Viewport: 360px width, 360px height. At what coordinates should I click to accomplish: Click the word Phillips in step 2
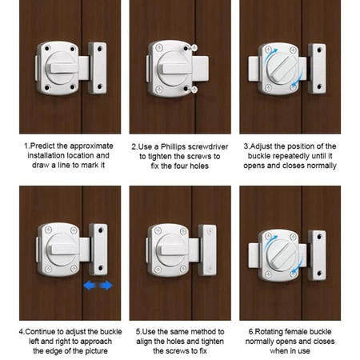tap(173, 147)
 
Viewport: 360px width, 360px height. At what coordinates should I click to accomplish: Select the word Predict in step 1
tap(42, 146)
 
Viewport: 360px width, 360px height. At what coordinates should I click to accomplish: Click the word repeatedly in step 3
tap(290, 156)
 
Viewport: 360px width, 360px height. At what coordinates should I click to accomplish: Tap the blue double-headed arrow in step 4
tap(98, 286)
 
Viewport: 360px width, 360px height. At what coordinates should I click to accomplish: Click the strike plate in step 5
tap(207, 250)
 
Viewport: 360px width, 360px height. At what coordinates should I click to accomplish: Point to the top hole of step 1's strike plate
tap(100, 49)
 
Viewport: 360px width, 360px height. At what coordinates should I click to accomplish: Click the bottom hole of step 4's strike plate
tap(101, 268)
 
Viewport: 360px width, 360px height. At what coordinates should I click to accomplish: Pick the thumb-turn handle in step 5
tap(173, 250)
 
